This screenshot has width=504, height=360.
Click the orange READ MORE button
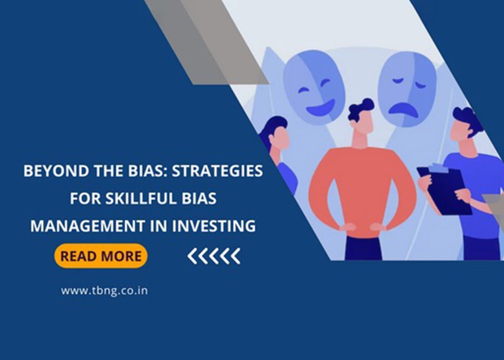pos(101,256)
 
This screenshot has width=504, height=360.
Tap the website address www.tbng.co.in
pos(105,291)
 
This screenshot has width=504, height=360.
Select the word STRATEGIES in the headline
pos(217,171)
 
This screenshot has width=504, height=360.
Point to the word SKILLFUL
pos(142,199)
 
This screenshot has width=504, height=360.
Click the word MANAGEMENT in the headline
pos(88,226)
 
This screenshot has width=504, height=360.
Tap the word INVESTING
pos(214,226)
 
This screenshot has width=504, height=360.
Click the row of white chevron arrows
pos(214,256)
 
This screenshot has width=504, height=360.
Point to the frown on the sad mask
pos(403,109)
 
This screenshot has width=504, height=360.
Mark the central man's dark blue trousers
pos(363,248)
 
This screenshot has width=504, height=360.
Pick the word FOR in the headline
pos(85,199)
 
